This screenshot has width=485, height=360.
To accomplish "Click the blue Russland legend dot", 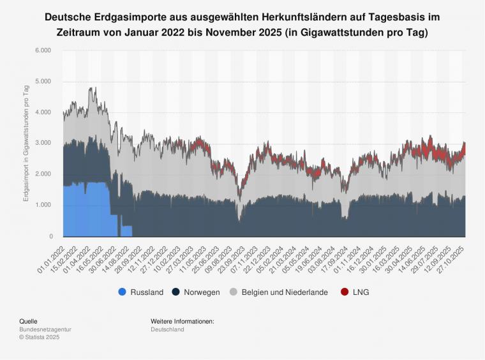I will click(x=122, y=292).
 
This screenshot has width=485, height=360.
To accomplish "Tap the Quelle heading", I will click(x=28, y=321).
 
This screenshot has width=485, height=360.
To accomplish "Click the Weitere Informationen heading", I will click(x=183, y=321).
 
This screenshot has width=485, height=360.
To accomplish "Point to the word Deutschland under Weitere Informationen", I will click(x=167, y=329).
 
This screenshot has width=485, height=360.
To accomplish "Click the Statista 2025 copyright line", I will click(x=40, y=337).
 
